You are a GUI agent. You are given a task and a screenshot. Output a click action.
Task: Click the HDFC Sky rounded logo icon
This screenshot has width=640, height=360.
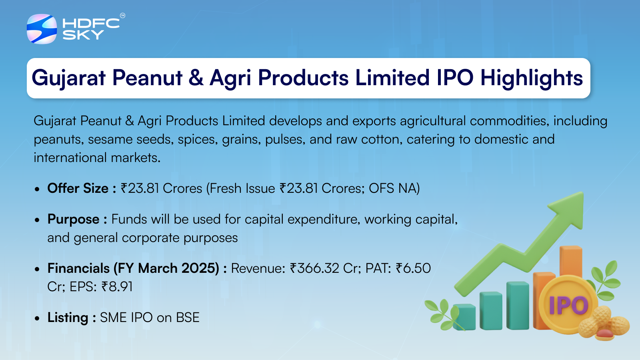42,29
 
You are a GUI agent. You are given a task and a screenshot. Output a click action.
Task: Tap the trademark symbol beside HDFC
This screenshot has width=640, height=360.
122,16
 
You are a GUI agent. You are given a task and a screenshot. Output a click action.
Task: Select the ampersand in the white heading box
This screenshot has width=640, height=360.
196,78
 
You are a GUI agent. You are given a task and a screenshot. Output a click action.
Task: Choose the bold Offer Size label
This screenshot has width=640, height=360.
82,188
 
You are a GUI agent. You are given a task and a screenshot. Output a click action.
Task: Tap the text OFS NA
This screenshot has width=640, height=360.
394,188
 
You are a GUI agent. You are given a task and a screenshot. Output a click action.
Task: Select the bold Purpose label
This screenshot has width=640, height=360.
77,220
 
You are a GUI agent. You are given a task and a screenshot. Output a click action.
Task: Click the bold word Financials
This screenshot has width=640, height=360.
78,268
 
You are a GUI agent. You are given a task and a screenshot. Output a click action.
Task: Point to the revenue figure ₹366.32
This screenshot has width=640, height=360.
314,268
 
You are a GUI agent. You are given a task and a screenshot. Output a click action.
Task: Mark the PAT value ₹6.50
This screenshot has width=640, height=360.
413,268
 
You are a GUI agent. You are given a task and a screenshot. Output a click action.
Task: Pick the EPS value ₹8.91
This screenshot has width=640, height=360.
117,286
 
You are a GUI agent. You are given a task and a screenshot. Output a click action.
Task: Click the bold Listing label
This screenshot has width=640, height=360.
72,318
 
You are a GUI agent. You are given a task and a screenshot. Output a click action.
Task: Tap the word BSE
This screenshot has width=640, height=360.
188,318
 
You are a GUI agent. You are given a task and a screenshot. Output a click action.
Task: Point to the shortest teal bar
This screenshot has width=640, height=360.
464,317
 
